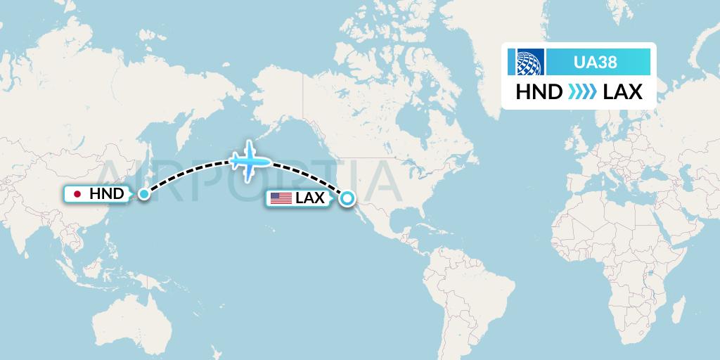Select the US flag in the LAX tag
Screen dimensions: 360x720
(281, 198)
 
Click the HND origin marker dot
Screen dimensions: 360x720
(143, 193)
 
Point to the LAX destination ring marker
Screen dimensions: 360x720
(347, 199)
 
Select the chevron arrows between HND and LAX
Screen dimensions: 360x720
(582, 91)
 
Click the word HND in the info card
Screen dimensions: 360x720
(539, 91)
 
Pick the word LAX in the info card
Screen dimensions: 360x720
(623, 91)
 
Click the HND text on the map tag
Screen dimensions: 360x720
(107, 194)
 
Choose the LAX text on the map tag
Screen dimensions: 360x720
(310, 198)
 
